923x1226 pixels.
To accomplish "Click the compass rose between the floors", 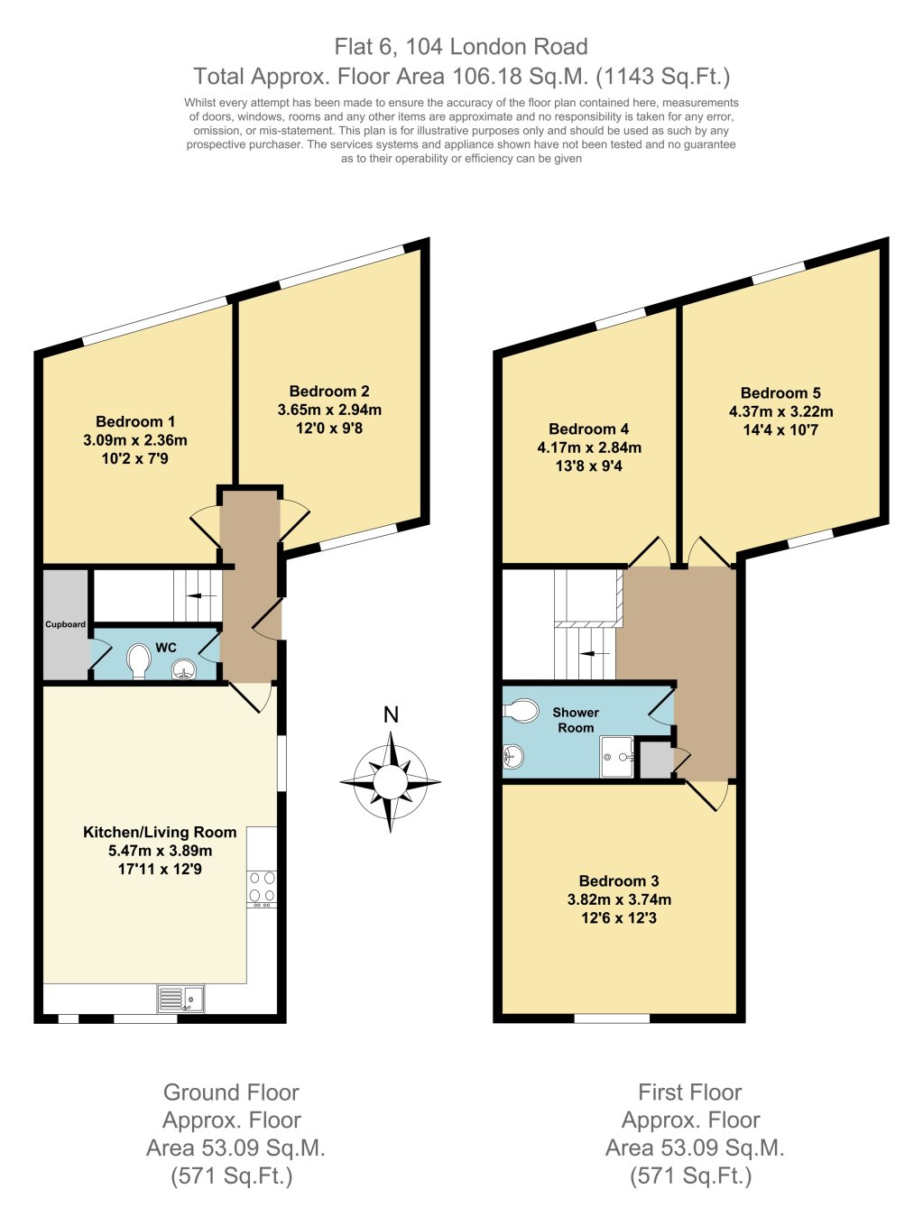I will [x=391, y=781].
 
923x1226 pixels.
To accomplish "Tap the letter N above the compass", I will [x=391, y=715].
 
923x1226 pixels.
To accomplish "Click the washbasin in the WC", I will [x=184, y=668].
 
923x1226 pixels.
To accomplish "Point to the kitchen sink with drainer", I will [x=180, y=999].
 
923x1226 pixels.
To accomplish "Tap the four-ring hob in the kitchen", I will [x=262, y=887].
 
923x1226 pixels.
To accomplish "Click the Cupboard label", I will [x=66, y=624].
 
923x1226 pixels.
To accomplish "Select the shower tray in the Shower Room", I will [x=618, y=757].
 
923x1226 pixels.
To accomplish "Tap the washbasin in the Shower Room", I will [x=512, y=756].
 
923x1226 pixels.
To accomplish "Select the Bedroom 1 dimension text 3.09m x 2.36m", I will [x=135, y=440].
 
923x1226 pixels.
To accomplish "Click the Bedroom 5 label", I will [x=780, y=392].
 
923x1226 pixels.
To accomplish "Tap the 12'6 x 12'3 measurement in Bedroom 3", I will [x=619, y=917].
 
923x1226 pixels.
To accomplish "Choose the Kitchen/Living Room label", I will [x=160, y=832].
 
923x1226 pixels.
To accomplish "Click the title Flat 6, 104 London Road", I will [x=461, y=47].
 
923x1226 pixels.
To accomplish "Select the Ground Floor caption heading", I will [x=231, y=1092].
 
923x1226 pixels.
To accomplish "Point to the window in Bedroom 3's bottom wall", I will [x=612, y=1019].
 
